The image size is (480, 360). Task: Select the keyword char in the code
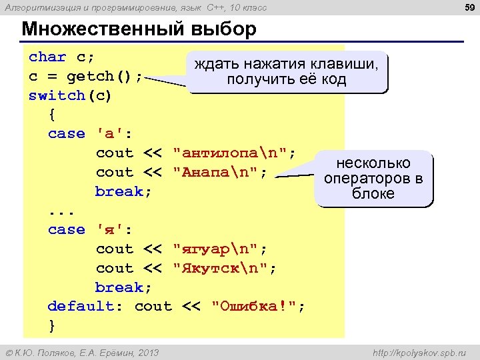tap(47, 57)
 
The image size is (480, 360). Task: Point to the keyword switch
tap(57, 95)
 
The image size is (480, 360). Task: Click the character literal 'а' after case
tap(109, 133)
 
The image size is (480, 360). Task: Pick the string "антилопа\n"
tap(234, 153)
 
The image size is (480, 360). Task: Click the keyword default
tap(81, 307)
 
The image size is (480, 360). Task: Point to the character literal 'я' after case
tap(109, 229)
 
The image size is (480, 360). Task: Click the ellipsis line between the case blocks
tap(62, 211)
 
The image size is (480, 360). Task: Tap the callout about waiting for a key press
tap(286, 71)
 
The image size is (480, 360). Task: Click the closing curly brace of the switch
tap(52, 325)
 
